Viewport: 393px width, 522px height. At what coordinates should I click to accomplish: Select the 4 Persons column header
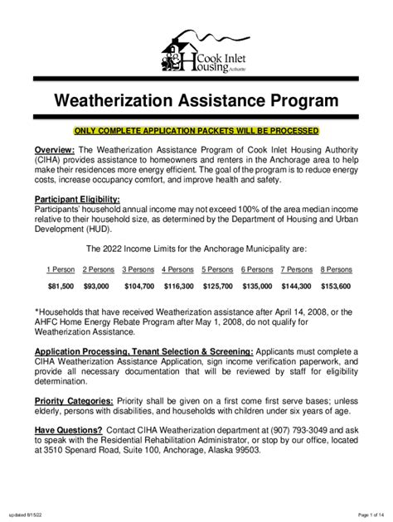177,269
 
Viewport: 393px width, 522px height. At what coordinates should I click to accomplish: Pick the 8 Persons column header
336,269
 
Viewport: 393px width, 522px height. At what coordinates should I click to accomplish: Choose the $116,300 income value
177,286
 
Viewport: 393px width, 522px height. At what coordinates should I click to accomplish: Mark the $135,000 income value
257,286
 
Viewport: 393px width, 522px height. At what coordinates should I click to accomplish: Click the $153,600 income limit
336,286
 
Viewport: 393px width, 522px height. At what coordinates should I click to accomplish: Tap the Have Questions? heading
68,430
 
